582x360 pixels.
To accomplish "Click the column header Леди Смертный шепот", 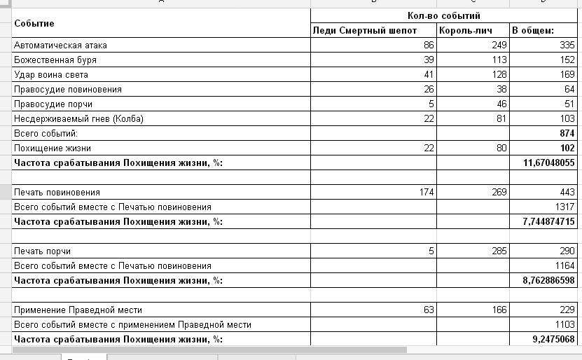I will coord(365,31).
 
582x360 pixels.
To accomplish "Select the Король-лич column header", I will coord(466,31).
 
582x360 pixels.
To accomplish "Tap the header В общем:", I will coord(533,31).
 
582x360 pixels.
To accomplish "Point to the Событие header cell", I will coord(34,23).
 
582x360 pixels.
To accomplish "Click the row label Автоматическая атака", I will coord(60,46).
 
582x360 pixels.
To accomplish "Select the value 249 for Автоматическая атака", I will coord(496,46).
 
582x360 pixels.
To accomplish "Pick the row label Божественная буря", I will coord(55,60).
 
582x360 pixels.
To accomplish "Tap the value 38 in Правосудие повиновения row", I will coord(499,90).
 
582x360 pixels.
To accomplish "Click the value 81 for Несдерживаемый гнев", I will coord(499,119).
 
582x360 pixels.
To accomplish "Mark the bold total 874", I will coord(565,133).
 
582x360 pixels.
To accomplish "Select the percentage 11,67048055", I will coord(543,162).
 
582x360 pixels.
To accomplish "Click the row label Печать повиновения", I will coord(57,192).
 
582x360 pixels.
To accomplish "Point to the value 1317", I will coord(562,207).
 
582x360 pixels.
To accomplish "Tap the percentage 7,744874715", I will coord(543,221).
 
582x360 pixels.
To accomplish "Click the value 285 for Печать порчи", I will coord(496,251).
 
